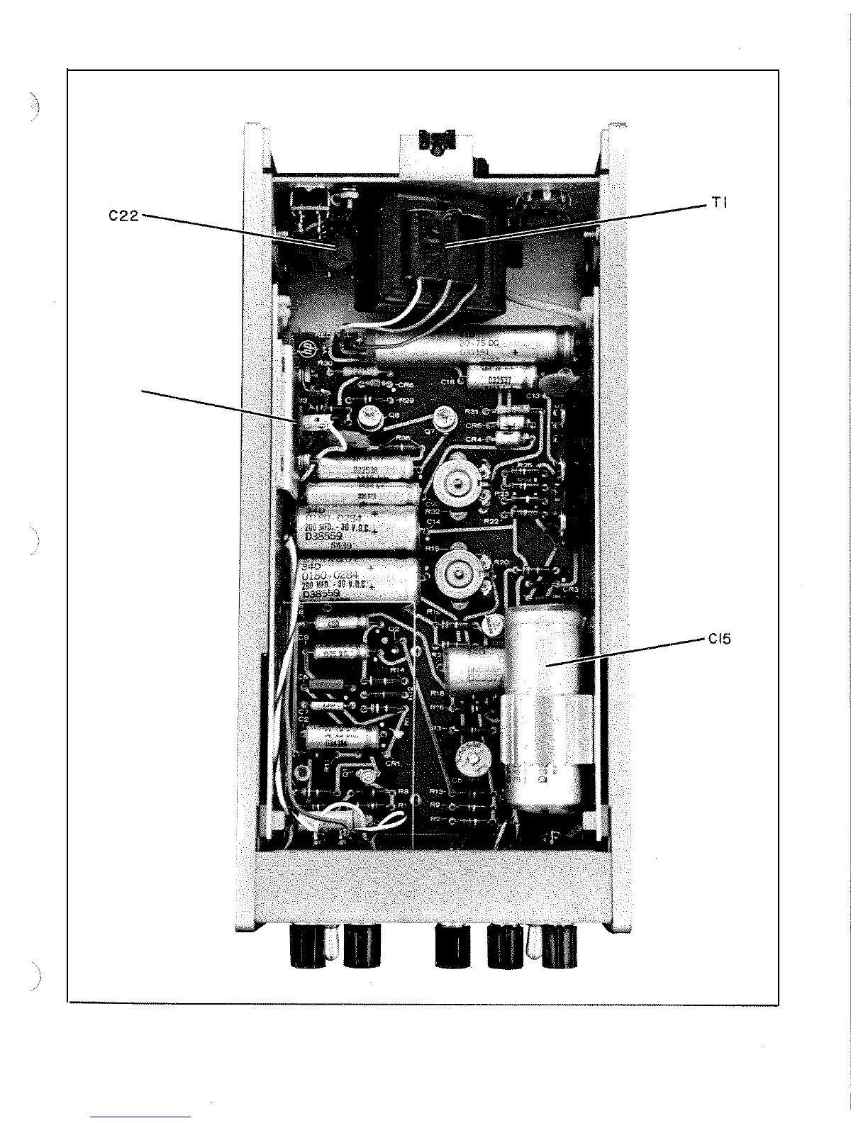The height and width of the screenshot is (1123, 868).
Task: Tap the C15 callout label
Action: pyautogui.click(x=718, y=639)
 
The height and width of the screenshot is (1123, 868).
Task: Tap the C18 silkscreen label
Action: pyautogui.click(x=447, y=381)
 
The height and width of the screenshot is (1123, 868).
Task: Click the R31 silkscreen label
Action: pyautogui.click(x=472, y=411)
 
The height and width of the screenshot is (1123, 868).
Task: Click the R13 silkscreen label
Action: pyautogui.click(x=437, y=790)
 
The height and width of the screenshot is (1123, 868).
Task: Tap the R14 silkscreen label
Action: pyautogui.click(x=397, y=669)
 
